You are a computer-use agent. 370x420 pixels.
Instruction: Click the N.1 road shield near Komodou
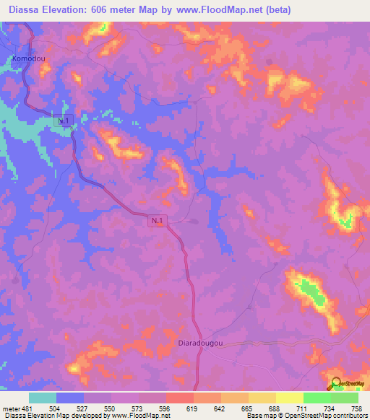click(64, 121)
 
